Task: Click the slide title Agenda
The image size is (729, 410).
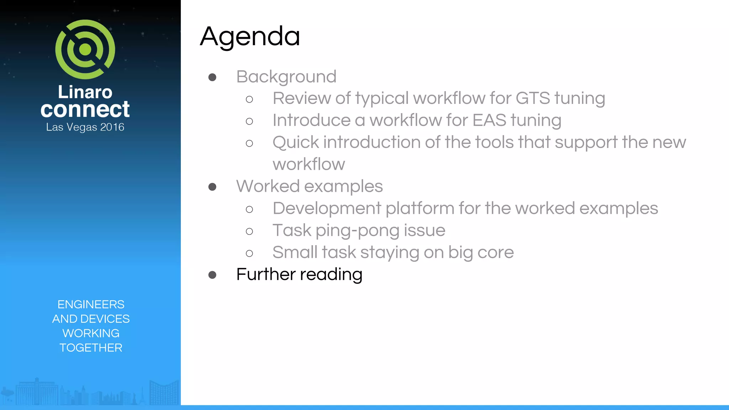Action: (250, 36)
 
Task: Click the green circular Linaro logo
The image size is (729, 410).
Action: (85, 49)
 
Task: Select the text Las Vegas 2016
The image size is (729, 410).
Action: (85, 127)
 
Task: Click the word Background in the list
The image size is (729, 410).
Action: (286, 77)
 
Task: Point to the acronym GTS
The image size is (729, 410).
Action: (533, 98)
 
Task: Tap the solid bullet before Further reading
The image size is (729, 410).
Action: (213, 275)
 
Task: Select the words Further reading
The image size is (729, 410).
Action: (299, 274)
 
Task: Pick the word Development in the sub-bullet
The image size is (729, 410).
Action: (327, 208)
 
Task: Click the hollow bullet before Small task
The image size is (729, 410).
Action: (249, 253)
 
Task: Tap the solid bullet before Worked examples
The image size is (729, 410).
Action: (213, 187)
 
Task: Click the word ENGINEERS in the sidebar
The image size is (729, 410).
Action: (91, 304)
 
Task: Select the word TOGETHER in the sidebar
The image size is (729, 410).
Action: (91, 348)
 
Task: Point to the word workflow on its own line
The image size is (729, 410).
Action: (309, 164)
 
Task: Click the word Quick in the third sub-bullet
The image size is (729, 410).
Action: (295, 142)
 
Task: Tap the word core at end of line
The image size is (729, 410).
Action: (495, 252)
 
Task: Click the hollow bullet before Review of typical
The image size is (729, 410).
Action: (249, 99)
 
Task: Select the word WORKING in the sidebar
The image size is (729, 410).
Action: (91, 333)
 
